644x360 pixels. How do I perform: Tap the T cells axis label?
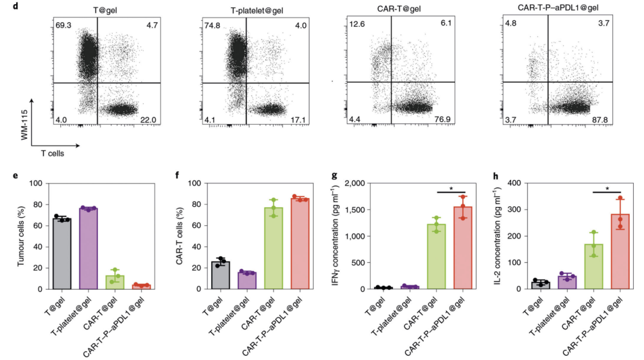tap(52, 153)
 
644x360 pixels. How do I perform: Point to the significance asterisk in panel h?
tap(606, 188)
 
